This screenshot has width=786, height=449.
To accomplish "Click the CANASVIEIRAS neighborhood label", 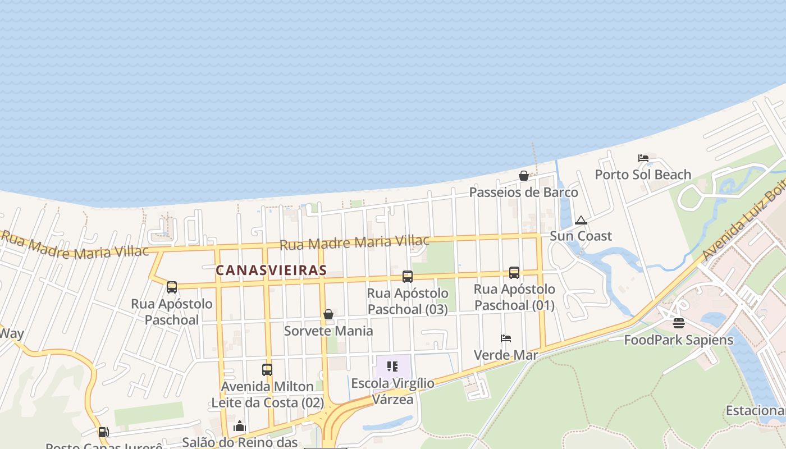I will (x=271, y=270).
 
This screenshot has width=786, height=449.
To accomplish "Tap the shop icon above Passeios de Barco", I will (x=524, y=176).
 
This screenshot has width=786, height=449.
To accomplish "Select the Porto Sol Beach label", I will (x=643, y=175).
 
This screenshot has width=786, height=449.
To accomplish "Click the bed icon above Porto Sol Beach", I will (x=643, y=158).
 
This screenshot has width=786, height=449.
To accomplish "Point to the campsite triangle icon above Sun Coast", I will (x=581, y=220).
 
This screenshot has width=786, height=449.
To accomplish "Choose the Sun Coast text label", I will (x=581, y=236).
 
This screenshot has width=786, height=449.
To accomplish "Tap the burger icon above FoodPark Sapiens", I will (x=679, y=323).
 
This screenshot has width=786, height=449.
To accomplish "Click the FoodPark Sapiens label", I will (x=679, y=340).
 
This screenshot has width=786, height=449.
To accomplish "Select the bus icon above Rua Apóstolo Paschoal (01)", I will (x=514, y=273).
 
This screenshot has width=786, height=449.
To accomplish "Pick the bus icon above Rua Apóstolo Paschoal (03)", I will (x=408, y=276).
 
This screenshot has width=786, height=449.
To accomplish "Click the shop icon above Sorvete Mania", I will (x=328, y=314).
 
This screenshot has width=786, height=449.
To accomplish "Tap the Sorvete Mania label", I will (x=328, y=331).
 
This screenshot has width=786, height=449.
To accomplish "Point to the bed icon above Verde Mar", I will (x=506, y=338).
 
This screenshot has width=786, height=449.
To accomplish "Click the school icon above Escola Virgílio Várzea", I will (x=392, y=366).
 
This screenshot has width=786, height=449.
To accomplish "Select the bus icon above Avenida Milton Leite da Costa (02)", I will (x=267, y=370).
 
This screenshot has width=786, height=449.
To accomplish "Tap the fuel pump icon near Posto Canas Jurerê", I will (x=103, y=432).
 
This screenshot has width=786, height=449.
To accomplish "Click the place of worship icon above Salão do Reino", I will (x=240, y=427).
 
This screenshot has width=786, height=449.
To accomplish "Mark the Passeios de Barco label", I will (x=523, y=193).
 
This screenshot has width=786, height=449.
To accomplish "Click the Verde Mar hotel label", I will (x=506, y=355).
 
